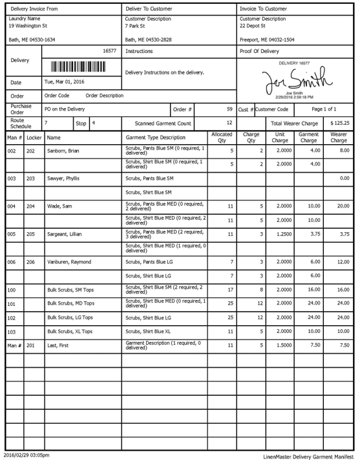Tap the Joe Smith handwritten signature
(294, 81)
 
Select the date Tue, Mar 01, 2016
(66, 82)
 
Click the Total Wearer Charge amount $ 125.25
(339, 122)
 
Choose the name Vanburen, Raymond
(69, 262)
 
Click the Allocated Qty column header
(222, 137)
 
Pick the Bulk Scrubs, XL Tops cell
(70, 332)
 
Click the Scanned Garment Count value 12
(229, 122)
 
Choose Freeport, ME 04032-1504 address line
(267, 39)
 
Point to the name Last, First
(59, 345)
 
